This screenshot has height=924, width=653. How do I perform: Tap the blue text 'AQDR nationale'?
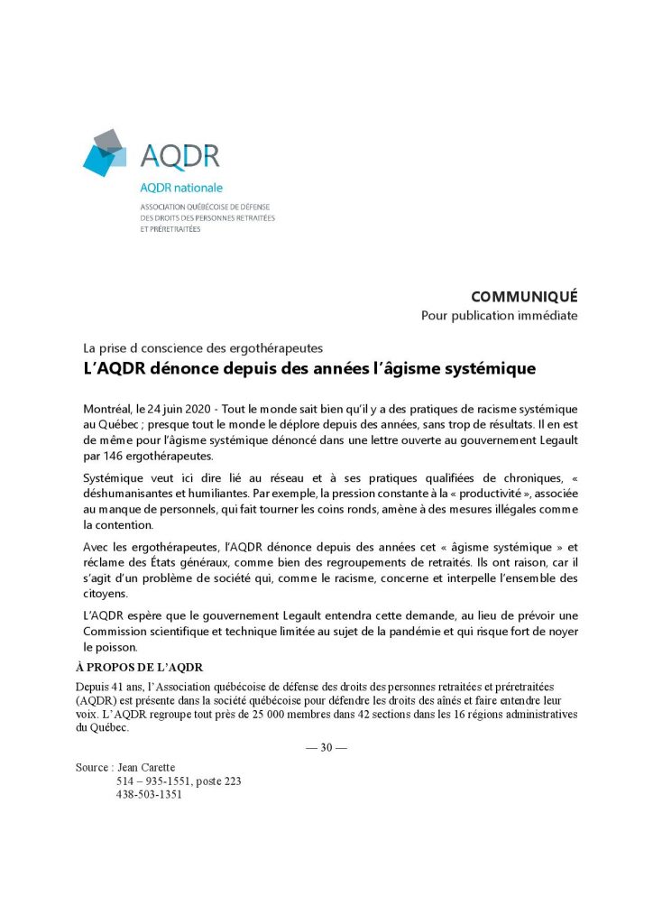click(x=180, y=188)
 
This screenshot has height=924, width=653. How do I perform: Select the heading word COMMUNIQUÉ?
click(x=524, y=297)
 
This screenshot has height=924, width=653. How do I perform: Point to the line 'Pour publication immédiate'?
click(x=499, y=316)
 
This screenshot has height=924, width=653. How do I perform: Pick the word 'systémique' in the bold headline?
click(x=486, y=368)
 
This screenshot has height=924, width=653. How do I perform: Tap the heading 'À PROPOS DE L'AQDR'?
click(x=140, y=668)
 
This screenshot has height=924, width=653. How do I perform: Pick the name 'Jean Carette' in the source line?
click(x=147, y=767)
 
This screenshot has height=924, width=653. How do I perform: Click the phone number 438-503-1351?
click(x=149, y=795)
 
